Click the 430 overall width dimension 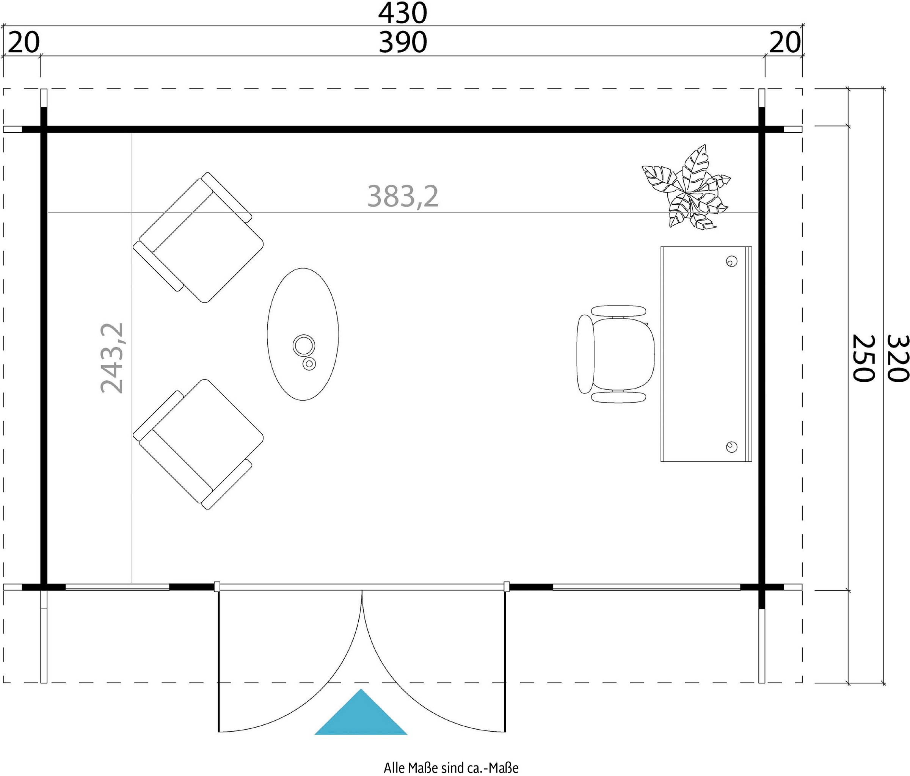402,13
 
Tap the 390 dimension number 403,42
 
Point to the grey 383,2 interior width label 403,196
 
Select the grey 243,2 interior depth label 112,358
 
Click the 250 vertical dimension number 863,358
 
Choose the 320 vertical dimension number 897,358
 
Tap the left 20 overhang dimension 24,42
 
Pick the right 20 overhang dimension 785,42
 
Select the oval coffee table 303,334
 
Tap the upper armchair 199,237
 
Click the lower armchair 199,444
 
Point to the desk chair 616,354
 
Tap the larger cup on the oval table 303,346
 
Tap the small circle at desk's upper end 731,261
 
